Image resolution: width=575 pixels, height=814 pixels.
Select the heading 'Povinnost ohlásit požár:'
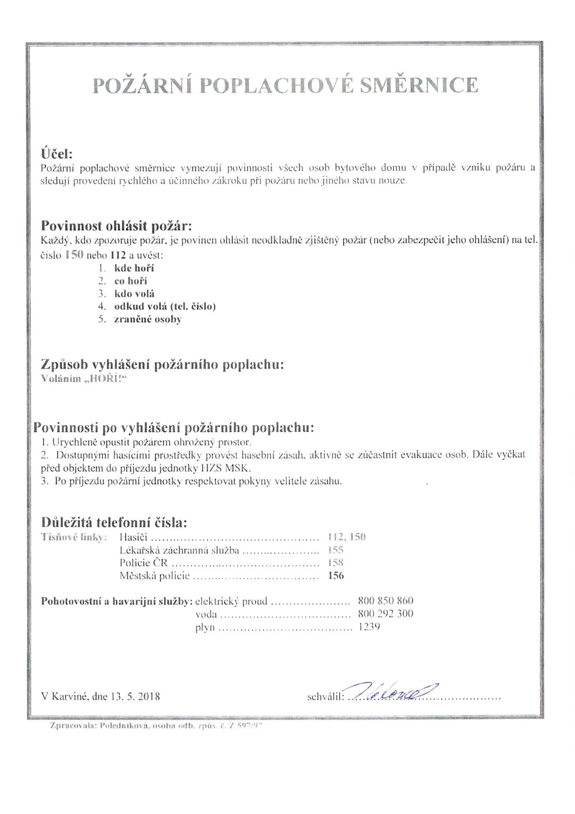[x=117, y=225]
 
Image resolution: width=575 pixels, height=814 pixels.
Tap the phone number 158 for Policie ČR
[x=336, y=563]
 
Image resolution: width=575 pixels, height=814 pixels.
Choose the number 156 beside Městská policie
[x=336, y=575]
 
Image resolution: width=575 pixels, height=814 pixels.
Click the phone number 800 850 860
[x=385, y=601]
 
